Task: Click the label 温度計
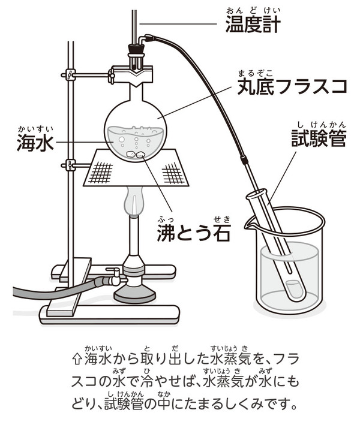click(x=253, y=23)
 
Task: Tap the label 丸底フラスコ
click(x=292, y=86)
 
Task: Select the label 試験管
click(x=319, y=137)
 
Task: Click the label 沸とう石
click(x=194, y=232)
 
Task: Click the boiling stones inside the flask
click(x=136, y=154)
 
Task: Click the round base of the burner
click(x=134, y=296)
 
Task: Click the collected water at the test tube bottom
click(x=294, y=290)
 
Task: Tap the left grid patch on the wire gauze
click(x=101, y=172)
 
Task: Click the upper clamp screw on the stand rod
click(x=69, y=74)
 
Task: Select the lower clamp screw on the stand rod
click(x=69, y=165)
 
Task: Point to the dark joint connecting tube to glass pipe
click(x=244, y=161)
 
